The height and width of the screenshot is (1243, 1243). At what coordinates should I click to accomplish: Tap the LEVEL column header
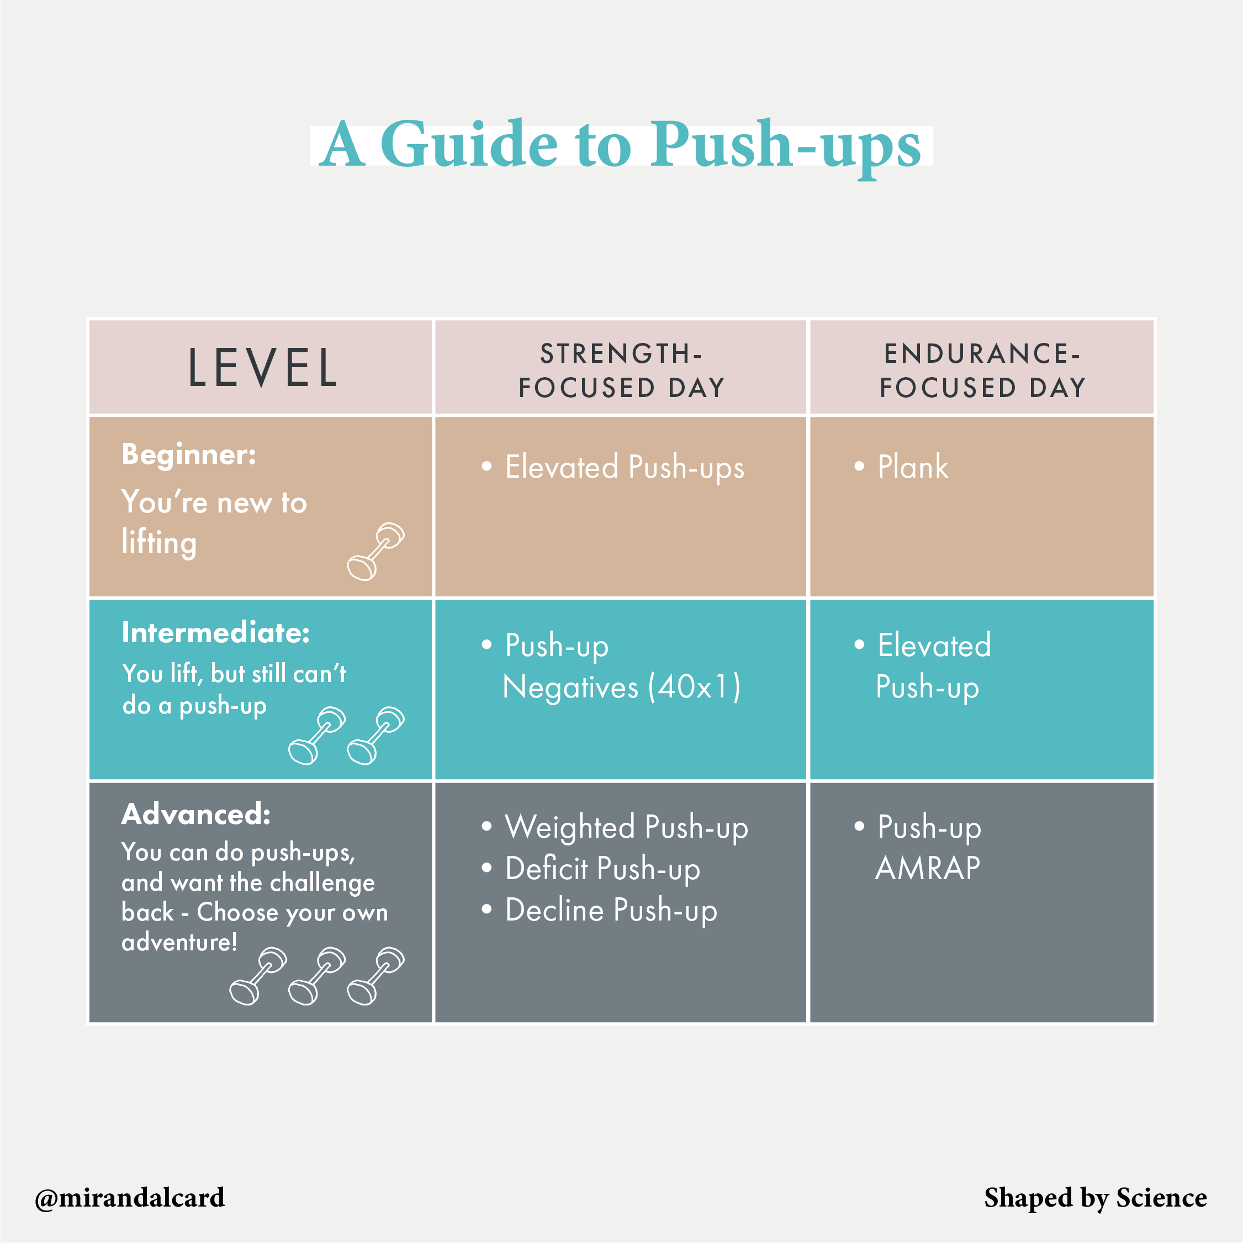pyautogui.click(x=262, y=368)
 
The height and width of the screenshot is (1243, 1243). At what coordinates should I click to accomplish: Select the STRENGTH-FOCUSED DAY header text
pyautogui.click(x=622, y=371)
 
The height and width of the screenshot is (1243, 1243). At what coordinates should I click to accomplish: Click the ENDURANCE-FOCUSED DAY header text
pyautogui.click(x=982, y=371)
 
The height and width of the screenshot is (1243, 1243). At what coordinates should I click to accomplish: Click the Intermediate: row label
pyautogui.click(x=215, y=633)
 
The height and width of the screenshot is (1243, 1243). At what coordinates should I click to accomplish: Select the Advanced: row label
pyautogui.click(x=196, y=814)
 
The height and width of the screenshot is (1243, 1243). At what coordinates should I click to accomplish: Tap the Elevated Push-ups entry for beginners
pyautogui.click(x=624, y=468)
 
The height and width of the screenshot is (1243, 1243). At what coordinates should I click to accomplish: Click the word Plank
pyautogui.click(x=912, y=467)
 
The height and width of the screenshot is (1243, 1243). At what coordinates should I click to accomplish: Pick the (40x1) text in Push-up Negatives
pyautogui.click(x=694, y=687)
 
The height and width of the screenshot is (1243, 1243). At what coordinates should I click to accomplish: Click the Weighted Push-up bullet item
pyautogui.click(x=626, y=827)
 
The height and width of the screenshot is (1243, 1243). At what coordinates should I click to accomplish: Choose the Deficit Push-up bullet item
pyautogui.click(x=602, y=869)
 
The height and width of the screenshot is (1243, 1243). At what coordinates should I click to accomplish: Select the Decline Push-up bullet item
pyautogui.click(x=611, y=911)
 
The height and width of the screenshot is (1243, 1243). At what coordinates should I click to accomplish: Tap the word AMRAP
pyautogui.click(x=928, y=869)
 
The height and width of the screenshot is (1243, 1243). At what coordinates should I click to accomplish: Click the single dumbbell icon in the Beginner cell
pyautogui.click(x=375, y=552)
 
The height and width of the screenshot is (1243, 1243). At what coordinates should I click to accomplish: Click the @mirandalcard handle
pyautogui.click(x=130, y=1197)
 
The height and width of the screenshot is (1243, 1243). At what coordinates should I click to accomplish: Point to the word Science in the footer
pyautogui.click(x=1161, y=1197)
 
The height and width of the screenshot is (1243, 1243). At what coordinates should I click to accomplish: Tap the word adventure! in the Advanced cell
pyautogui.click(x=179, y=943)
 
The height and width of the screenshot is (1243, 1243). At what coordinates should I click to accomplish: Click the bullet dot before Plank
pyautogui.click(x=859, y=466)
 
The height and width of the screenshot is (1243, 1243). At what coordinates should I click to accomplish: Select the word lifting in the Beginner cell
pyautogui.click(x=159, y=542)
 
